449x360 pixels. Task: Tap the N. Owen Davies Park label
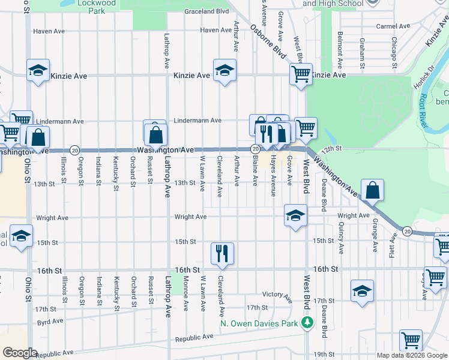tap(259, 323)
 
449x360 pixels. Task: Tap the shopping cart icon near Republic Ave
tap(411, 340)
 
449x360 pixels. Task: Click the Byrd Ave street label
tap(50, 322)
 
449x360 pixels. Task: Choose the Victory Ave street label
tap(277, 295)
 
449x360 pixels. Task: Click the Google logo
tap(20, 353)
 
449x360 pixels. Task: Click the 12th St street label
tap(331, 148)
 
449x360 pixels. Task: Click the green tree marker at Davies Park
tap(307, 323)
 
